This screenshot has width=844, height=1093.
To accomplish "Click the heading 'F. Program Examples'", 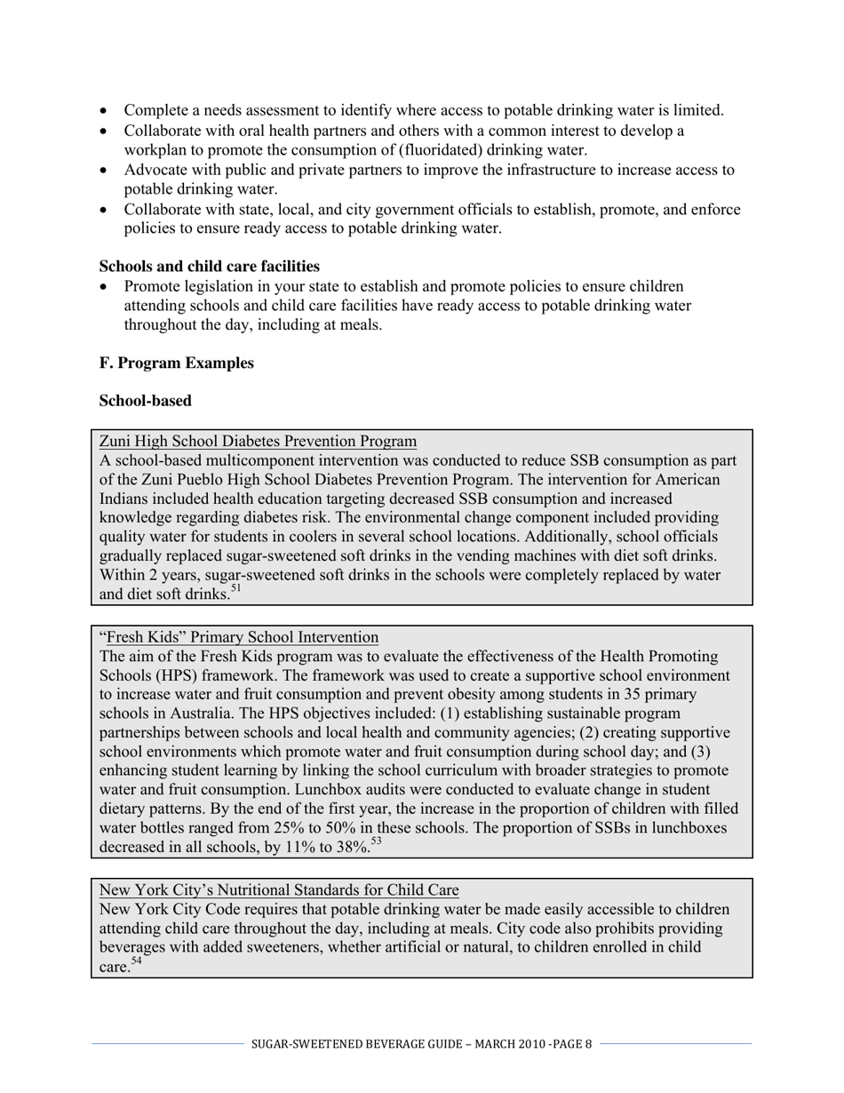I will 176,363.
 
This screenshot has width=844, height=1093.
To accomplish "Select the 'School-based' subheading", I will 145,401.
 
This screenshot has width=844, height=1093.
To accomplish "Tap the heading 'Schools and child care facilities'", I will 209,267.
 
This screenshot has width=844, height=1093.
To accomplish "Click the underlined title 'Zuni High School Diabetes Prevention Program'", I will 258,442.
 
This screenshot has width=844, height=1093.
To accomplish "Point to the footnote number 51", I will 235,588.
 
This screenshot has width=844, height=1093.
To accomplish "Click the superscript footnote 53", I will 376,842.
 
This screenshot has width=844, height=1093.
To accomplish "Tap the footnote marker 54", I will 136,961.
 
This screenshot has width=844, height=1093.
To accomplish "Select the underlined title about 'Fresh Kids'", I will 239,637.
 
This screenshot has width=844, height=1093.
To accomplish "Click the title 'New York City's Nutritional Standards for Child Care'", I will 279,890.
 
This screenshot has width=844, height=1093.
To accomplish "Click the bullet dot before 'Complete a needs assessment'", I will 105,111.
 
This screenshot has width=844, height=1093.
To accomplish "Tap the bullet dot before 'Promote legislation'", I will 105,287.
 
